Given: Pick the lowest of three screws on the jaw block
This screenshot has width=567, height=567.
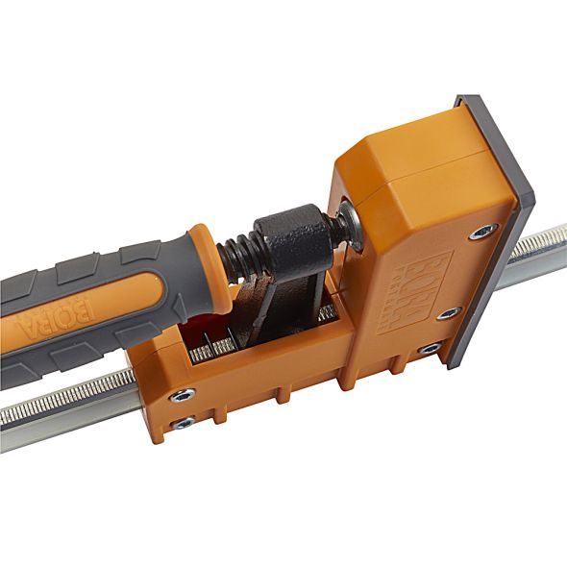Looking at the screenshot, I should (430, 348).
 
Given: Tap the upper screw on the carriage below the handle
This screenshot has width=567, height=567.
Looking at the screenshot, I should (180, 394).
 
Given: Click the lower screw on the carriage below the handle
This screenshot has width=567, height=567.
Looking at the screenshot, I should (184, 422).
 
